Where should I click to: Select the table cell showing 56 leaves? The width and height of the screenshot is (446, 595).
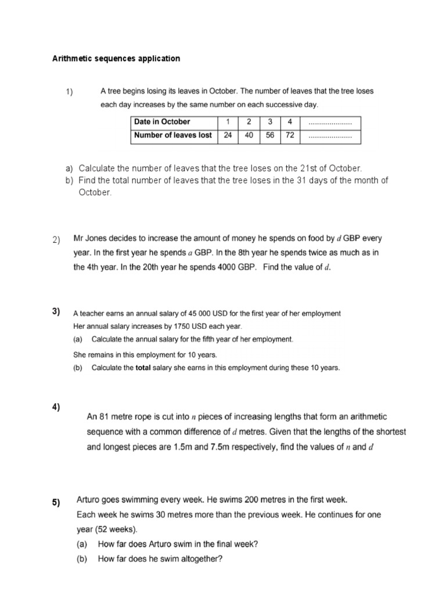point(269,136)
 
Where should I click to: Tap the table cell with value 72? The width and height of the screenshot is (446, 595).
point(289,136)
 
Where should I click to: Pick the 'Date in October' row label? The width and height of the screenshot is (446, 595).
point(162,122)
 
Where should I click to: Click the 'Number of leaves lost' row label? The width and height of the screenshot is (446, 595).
point(173,136)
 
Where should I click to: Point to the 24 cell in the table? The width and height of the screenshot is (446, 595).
point(228,136)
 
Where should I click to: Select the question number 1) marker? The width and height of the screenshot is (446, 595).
point(69,92)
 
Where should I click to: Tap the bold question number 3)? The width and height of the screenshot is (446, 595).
point(56,311)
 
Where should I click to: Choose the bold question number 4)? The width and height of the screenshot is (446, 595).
point(56,406)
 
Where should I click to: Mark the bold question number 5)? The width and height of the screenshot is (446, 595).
point(56,503)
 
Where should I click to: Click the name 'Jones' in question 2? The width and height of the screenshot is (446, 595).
point(98,239)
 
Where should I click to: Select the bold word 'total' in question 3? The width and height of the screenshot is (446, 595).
point(143,368)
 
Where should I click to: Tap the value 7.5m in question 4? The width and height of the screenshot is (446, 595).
point(199,447)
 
